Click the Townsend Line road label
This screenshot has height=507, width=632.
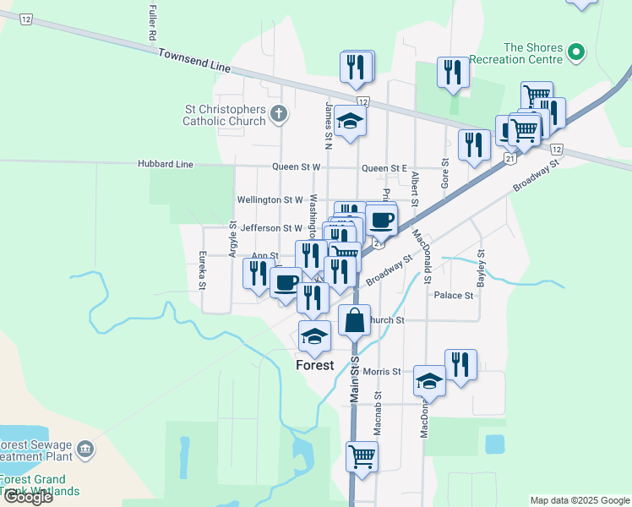pyautogui.click(x=194, y=59)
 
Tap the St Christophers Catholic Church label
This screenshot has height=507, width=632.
pyautogui.click(x=224, y=115)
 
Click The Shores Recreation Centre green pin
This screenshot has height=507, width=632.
pyautogui.click(x=576, y=52)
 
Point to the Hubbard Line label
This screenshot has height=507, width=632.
pyautogui.click(x=166, y=164)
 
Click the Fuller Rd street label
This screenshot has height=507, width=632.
pyautogui.click(x=152, y=24)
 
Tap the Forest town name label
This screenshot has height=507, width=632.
pyautogui.click(x=314, y=366)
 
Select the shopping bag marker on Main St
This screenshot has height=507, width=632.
pyautogui.click(x=354, y=320)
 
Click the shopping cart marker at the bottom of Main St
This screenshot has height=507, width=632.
pyautogui.click(x=362, y=456)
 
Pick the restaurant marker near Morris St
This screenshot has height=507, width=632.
pyautogui.click(x=460, y=364)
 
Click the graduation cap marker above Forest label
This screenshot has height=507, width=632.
pyautogui.click(x=314, y=336)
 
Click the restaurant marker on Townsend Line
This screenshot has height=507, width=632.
pyautogui.click(x=357, y=67)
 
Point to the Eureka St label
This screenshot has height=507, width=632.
pyautogui.click(x=203, y=270)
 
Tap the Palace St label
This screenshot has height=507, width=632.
pyautogui.click(x=454, y=296)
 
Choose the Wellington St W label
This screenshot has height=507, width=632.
pyautogui.click(x=270, y=200)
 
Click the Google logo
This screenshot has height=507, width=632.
pyautogui.click(x=27, y=496)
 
